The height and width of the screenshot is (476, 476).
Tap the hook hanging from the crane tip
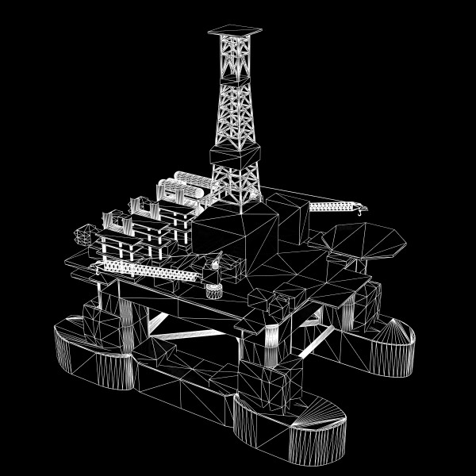362,211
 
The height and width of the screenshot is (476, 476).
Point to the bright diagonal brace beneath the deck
159,321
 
